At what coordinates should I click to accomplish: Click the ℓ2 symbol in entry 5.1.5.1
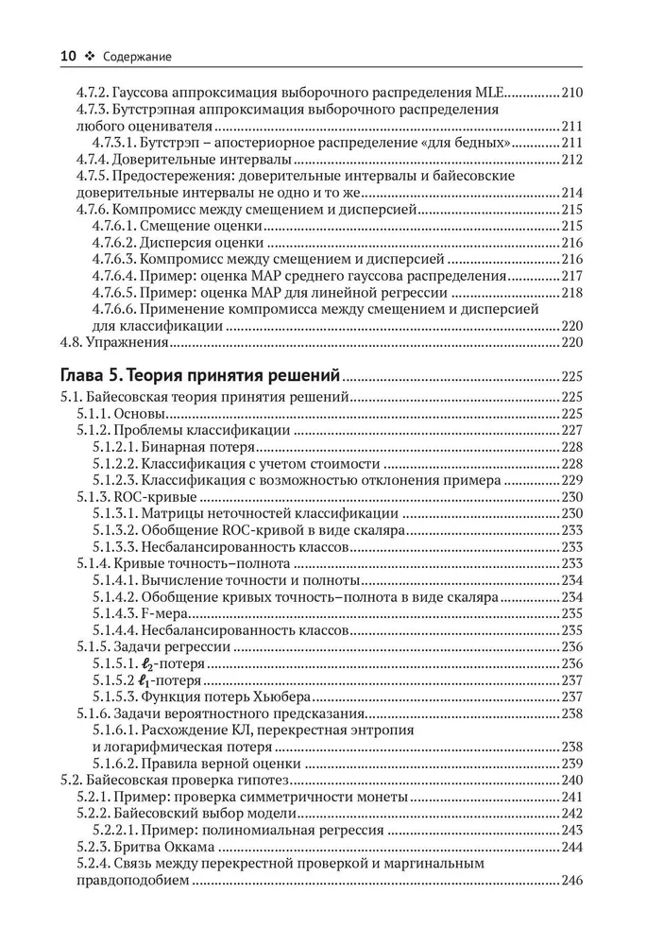pyautogui.click(x=150, y=663)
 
